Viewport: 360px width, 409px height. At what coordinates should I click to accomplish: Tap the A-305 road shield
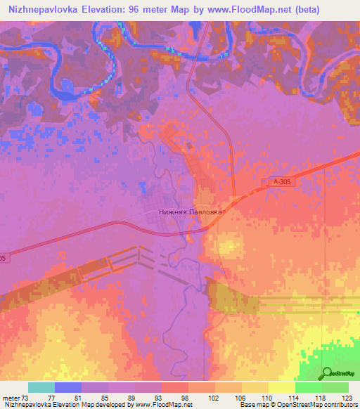tap(281, 182)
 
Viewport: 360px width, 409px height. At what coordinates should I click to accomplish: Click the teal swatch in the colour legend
tap(41, 387)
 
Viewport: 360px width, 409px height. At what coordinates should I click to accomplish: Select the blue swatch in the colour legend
tap(67, 387)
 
